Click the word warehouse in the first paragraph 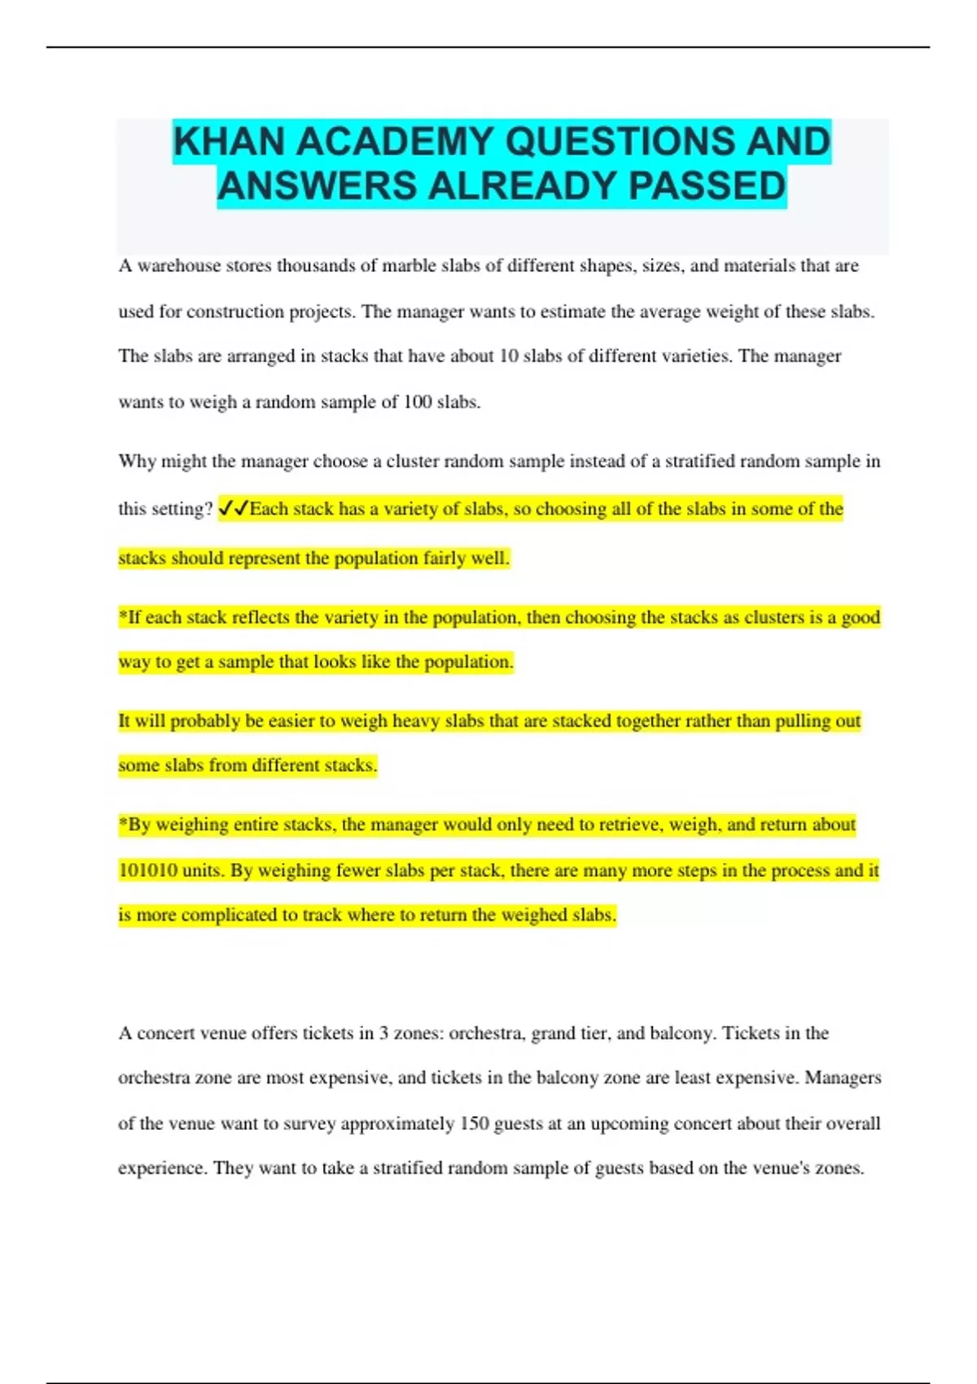tap(178, 266)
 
